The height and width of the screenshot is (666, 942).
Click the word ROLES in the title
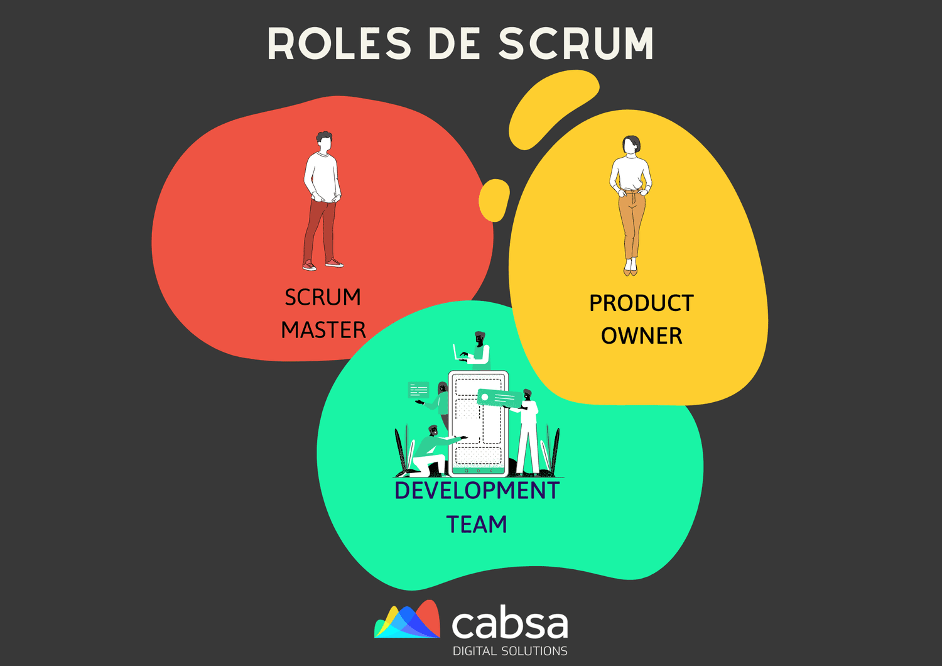pos(339,44)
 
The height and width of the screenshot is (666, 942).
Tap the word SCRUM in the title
pos(576,44)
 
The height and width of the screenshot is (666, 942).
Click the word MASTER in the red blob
pos(323,330)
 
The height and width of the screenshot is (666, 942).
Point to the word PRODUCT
pos(641,303)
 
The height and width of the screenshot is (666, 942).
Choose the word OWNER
pos(641,336)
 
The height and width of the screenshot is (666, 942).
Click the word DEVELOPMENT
pos(477,491)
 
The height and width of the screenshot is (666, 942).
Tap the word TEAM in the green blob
pos(477,524)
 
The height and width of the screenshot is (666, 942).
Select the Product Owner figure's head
pos(631,145)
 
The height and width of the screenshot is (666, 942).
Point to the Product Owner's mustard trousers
pos(631,223)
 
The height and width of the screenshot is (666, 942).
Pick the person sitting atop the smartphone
pos(477,349)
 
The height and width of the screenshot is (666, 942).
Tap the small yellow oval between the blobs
pos(494,200)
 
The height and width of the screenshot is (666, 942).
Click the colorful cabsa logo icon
pos(408,620)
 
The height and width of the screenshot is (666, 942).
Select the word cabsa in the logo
pos(509,624)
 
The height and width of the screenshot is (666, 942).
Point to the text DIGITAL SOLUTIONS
pos(510,651)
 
